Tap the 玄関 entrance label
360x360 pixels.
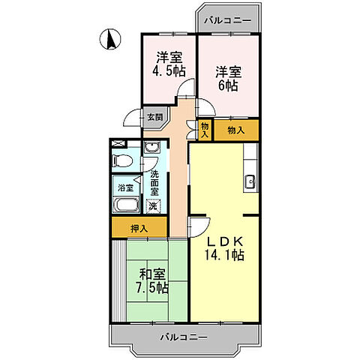click(x=153, y=117)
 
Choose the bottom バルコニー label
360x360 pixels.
click(x=184, y=337)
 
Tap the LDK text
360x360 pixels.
click(x=223, y=241)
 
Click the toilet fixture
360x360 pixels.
click(x=120, y=160)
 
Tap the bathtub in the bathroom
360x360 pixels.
click(x=125, y=206)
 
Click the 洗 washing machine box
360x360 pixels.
click(x=152, y=205)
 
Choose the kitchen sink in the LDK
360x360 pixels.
click(x=251, y=181)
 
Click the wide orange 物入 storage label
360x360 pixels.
click(x=235, y=130)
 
